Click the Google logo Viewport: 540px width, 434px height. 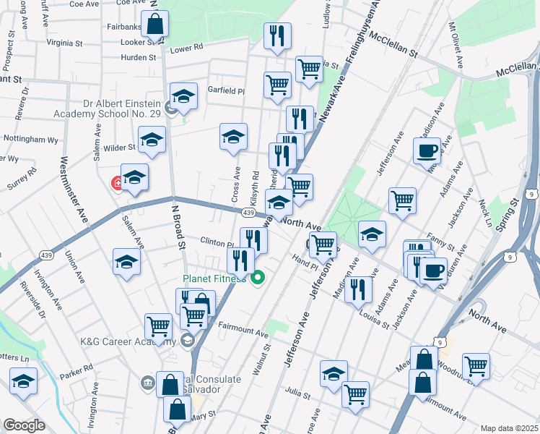tap(25, 425)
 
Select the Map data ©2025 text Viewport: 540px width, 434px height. tap(509, 427)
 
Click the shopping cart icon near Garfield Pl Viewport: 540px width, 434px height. tap(277, 85)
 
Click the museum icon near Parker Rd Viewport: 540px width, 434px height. tap(148, 382)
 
